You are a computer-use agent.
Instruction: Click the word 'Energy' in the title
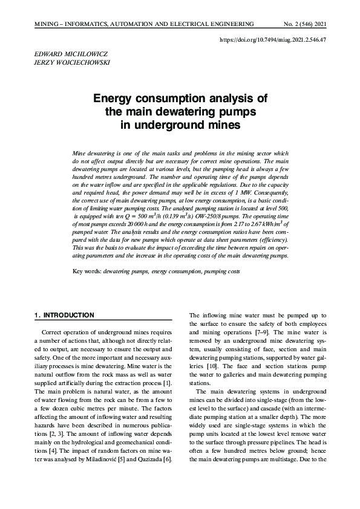[114, 99]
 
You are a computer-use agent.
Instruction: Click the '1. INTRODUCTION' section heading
[65, 315]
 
